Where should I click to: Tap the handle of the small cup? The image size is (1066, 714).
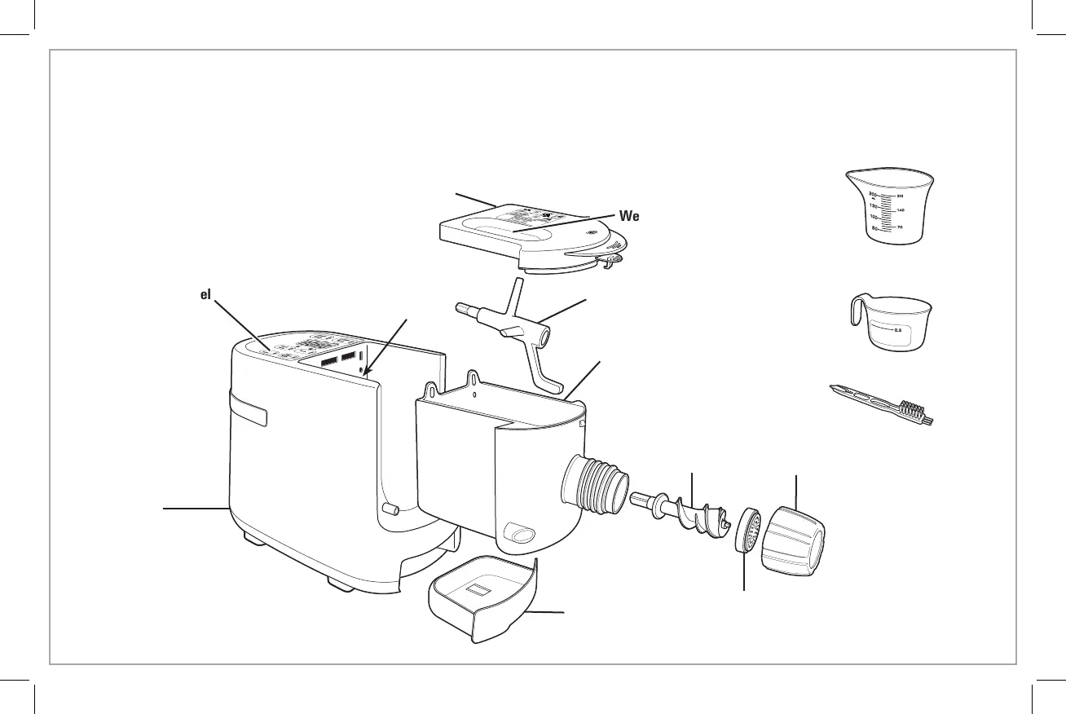pos(856,313)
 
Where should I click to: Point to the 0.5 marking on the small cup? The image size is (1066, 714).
pos(896,330)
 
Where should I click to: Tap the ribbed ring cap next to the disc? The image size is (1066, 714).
pos(793,540)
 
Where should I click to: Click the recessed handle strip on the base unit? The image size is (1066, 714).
pos(248,408)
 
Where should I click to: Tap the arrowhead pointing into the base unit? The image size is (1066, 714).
pos(364,373)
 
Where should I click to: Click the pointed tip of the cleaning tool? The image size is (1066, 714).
pos(832,389)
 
